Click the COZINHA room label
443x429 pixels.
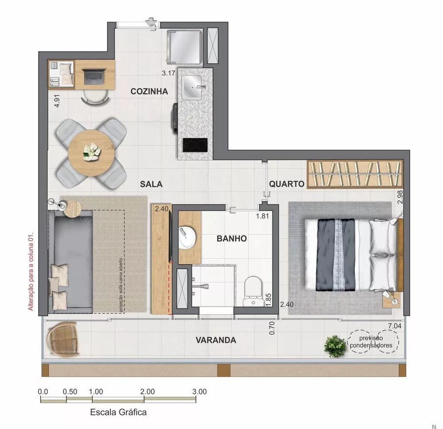tap(149, 92)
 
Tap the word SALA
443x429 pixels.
tap(151, 183)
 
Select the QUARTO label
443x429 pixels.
tap(287, 183)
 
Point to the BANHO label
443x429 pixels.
tap(231, 238)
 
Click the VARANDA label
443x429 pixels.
tap(216, 340)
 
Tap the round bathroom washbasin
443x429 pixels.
tap(187, 238)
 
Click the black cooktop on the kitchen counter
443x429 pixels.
tap(195, 144)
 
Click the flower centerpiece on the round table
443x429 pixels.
tap(92, 151)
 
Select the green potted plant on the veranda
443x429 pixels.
tap(335, 346)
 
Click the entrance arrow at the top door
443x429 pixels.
tap(152, 22)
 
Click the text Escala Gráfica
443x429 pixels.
tap(118, 412)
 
